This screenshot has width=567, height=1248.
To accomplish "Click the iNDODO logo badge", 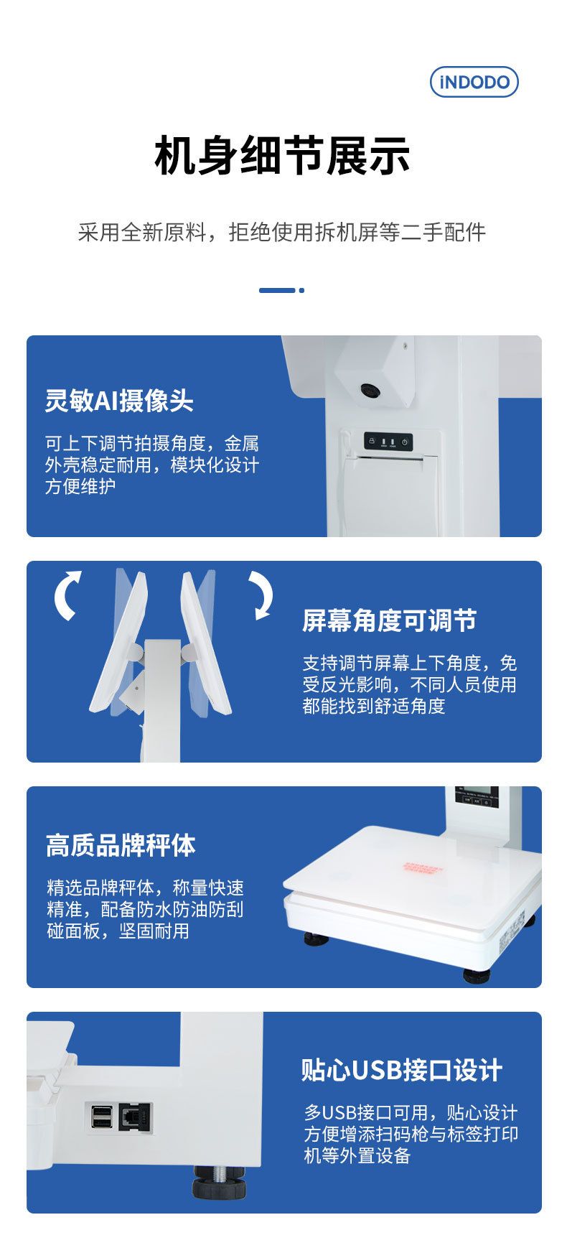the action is [474, 82].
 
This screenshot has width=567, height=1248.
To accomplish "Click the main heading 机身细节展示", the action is [283, 156].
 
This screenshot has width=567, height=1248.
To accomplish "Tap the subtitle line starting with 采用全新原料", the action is [282, 232].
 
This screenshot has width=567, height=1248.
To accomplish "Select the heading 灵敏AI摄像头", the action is [119, 401].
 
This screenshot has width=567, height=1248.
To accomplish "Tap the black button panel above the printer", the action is [388, 442].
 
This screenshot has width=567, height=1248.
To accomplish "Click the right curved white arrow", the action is [261, 595].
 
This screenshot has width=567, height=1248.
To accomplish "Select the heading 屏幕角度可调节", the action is [389, 621].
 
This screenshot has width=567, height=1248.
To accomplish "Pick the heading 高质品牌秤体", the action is [121, 845].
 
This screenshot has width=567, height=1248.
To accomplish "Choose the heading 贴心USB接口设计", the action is [402, 1069].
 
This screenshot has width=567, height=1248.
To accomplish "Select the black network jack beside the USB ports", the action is [136, 1117].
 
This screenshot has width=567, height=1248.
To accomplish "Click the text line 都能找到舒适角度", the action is [374, 706].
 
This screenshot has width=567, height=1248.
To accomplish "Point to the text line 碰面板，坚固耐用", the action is [118, 931].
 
